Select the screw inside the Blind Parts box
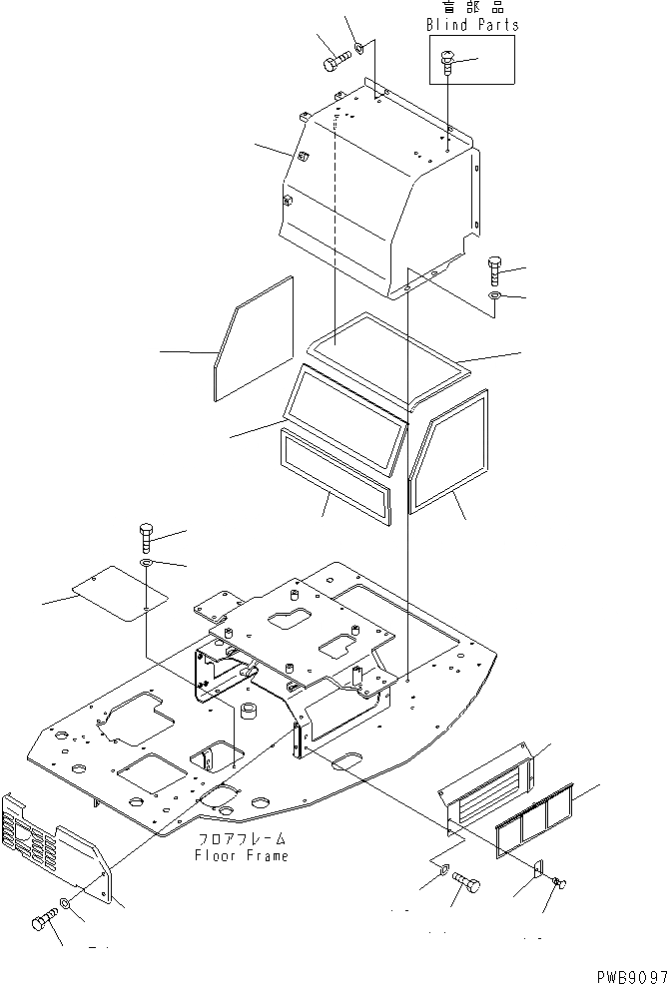coord(447,66)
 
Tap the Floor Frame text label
coord(242,856)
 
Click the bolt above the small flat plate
coord(147,540)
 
